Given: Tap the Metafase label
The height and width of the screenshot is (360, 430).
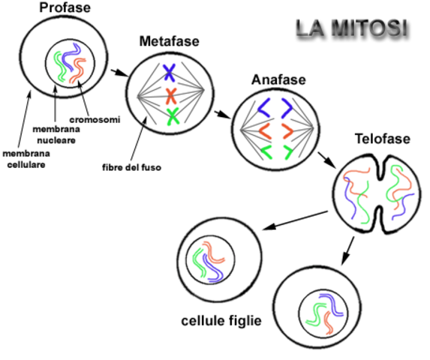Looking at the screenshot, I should click(x=169, y=41).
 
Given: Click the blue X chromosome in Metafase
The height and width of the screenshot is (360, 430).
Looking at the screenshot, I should click(x=171, y=73).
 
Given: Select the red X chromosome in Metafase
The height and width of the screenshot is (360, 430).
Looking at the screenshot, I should click(x=171, y=95).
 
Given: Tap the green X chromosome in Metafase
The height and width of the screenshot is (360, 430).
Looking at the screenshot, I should click(x=173, y=115).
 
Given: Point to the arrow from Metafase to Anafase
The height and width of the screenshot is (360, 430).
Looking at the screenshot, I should click(x=220, y=115).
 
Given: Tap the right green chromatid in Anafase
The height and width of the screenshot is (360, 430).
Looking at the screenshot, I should click(x=287, y=152).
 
